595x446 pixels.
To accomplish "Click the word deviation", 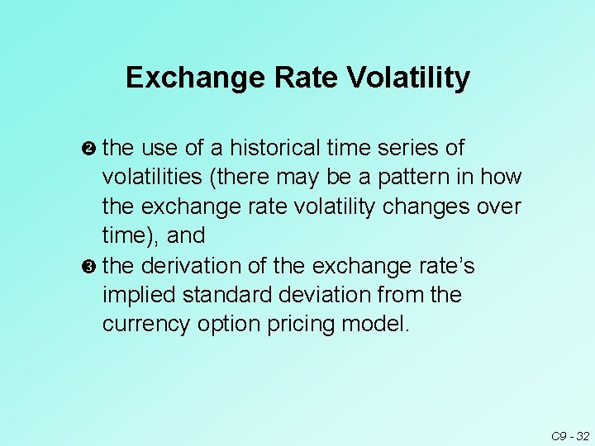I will click(321, 295).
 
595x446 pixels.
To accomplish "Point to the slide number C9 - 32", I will click(570, 435).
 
